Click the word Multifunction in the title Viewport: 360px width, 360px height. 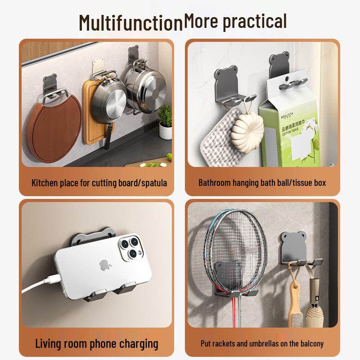130,22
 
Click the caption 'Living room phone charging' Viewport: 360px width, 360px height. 97,344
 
